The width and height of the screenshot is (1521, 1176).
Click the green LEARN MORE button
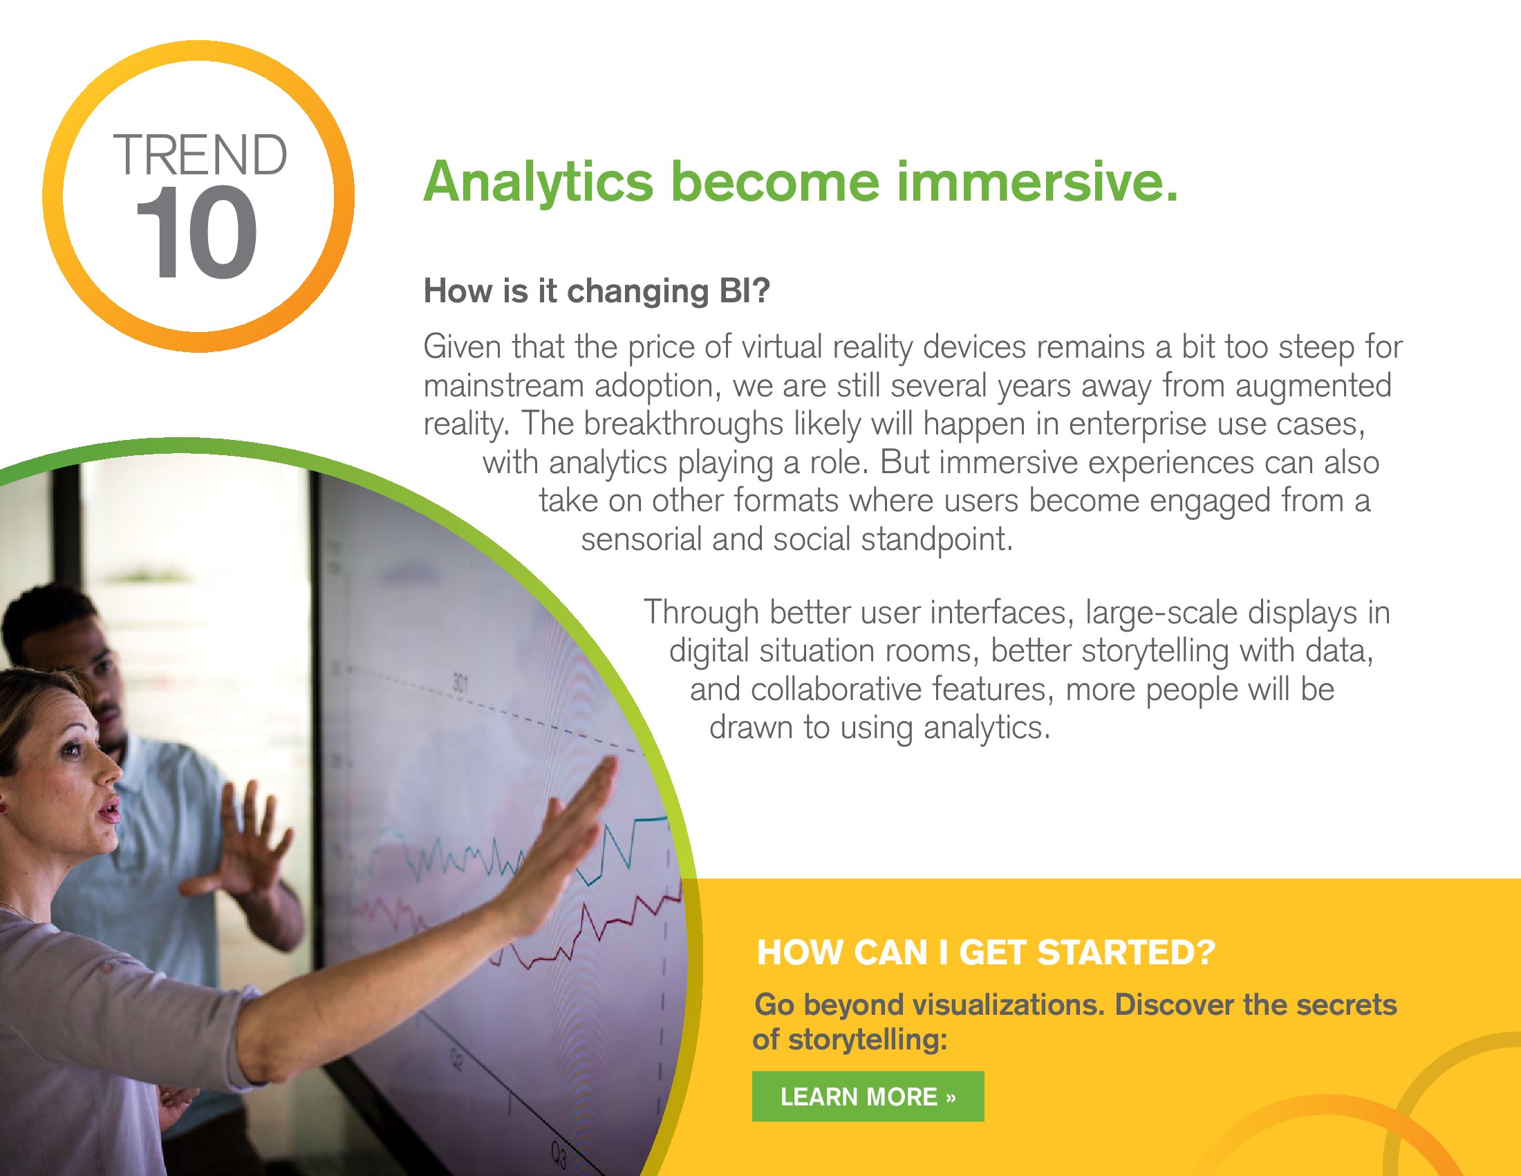pyautogui.click(x=868, y=1096)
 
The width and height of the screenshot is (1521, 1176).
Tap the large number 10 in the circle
pyautogui.click(x=197, y=232)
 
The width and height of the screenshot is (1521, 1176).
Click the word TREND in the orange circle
pyautogui.click(x=200, y=155)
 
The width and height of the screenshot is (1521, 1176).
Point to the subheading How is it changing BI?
pyautogui.click(x=597, y=291)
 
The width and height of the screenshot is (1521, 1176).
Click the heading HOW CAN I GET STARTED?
pyautogui.click(x=985, y=953)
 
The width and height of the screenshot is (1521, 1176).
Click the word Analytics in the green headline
pyautogui.click(x=539, y=183)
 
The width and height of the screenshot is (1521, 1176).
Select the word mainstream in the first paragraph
pyautogui.click(x=503, y=385)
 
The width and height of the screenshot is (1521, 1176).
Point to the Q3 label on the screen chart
pyautogui.click(x=559, y=1155)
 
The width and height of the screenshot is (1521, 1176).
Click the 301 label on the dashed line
pyautogui.click(x=460, y=682)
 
